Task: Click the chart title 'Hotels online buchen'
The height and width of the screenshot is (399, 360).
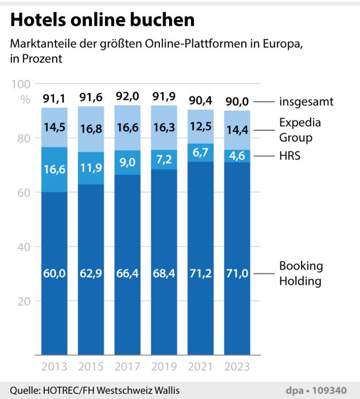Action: coord(103,21)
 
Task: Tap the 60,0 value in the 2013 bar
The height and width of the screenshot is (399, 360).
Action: coord(54,273)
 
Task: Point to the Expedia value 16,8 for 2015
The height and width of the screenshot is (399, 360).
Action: coord(91,129)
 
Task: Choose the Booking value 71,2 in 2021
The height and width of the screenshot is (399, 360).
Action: coord(200,273)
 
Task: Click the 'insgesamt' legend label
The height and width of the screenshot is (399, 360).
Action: coord(306,102)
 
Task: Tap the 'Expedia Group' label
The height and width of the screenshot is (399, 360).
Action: coord(300,130)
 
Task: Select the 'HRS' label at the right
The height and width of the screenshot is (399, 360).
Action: coord(291,156)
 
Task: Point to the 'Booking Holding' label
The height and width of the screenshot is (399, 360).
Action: coord(302,273)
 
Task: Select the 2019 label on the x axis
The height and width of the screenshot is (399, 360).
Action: coord(163,367)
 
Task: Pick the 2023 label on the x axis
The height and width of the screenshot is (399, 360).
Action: coord(237,367)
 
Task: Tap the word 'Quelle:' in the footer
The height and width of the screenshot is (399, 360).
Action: coord(23,390)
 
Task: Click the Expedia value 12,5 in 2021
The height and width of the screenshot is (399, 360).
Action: coord(200,126)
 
